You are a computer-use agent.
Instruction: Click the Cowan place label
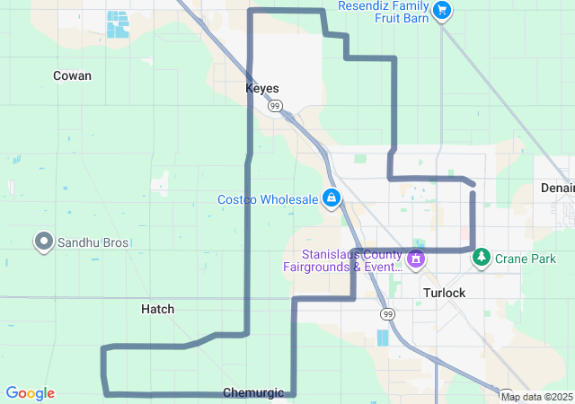tap(72, 75)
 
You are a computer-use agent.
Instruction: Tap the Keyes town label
tap(262, 89)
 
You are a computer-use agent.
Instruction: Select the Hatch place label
tap(158, 309)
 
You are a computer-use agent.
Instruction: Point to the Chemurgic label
tap(253, 392)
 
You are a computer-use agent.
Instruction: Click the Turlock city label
tap(444, 294)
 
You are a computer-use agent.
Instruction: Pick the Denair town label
tap(557, 188)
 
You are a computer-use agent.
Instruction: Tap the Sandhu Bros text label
tap(93, 243)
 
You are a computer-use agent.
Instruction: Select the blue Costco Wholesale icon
tap(332, 198)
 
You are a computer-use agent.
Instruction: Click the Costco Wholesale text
tap(268, 198)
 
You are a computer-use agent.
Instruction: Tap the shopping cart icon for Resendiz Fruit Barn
tap(441, 11)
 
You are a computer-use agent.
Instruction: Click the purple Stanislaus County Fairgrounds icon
tap(415, 260)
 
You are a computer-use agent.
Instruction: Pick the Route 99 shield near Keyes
tap(276, 107)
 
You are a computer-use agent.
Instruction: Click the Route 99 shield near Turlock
tap(387, 313)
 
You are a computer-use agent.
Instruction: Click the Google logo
tap(30, 393)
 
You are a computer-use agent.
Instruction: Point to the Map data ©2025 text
tap(536, 397)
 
